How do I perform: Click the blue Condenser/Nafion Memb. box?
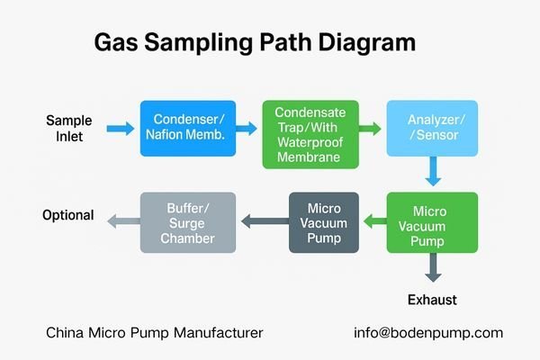click(x=188, y=128)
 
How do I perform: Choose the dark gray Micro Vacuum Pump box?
click(x=324, y=222)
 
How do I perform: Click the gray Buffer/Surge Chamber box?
click(x=188, y=222)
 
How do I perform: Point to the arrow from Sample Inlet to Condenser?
click(x=120, y=130)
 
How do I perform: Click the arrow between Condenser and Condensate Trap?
click(x=249, y=130)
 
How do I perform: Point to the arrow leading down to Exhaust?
click(x=433, y=267)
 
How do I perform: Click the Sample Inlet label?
click(x=69, y=129)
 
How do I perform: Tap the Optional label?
click(x=68, y=215)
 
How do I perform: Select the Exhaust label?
click(x=433, y=298)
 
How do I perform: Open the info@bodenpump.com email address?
click(x=428, y=333)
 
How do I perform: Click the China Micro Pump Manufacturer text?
click(x=155, y=333)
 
